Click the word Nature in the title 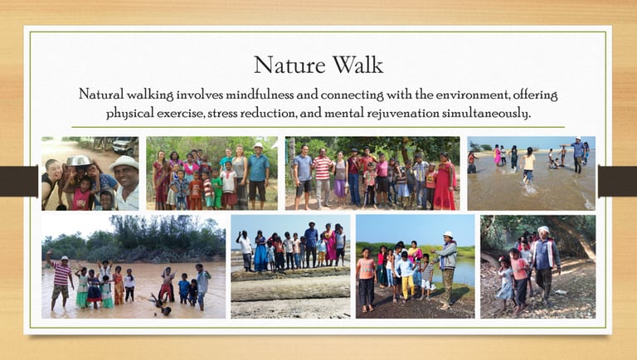(289, 65)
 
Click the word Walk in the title (357, 65)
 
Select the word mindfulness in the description (259, 95)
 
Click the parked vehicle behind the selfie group (125, 144)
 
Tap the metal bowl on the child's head (79, 161)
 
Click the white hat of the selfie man (124, 163)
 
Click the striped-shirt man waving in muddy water (60, 280)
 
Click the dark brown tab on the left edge (19, 181)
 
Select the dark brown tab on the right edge (617, 181)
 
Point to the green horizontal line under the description (318, 127)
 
